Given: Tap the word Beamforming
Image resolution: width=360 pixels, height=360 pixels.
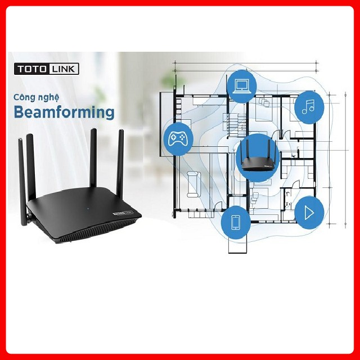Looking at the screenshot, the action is point(64,111).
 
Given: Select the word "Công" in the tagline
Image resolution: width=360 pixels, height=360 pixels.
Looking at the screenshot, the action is point(25,97).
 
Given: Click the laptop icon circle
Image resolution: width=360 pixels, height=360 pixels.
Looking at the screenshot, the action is point(241,85).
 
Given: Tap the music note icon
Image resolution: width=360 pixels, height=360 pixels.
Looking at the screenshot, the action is point(309,106).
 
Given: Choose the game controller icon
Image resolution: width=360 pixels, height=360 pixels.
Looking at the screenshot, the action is point(178,138).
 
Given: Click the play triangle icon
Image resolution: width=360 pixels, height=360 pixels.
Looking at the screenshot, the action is point(309,213).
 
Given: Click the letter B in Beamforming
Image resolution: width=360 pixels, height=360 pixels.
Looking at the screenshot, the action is point(19,111).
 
